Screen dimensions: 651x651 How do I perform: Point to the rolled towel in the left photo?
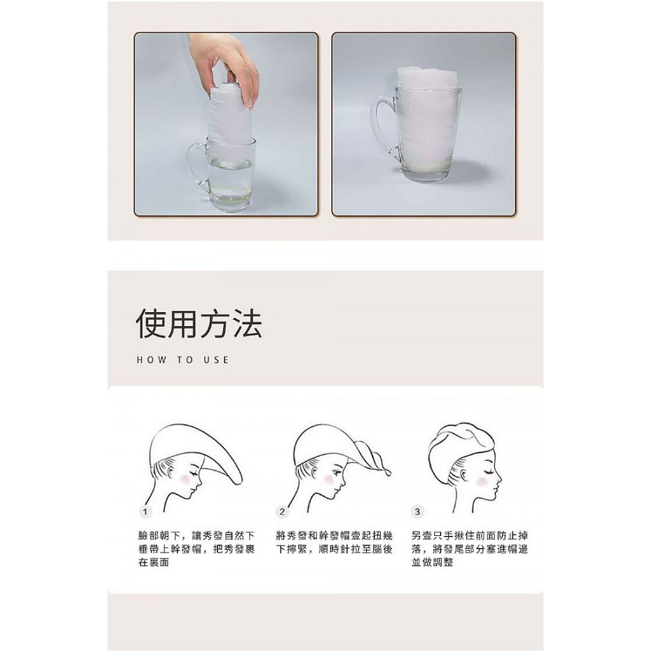230,120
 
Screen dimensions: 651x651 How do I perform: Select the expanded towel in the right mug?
428,116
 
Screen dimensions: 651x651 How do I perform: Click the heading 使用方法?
199,324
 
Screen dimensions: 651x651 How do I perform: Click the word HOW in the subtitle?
151,360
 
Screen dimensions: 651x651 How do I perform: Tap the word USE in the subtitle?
216,360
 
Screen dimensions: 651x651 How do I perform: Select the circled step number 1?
145,512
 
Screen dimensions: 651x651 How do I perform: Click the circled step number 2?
282,512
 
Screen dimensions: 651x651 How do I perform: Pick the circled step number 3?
417,512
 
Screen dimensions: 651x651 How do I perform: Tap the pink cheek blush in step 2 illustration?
329,479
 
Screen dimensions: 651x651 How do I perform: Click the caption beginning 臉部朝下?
196,549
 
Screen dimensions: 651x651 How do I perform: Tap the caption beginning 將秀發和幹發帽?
334,542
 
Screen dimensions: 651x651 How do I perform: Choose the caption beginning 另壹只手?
470,549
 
